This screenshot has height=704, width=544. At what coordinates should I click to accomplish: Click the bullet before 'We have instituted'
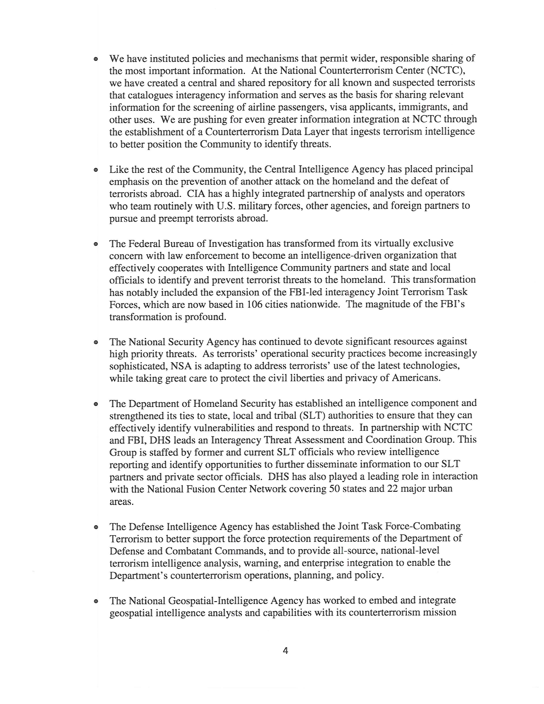pyautogui.click(x=96, y=59)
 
